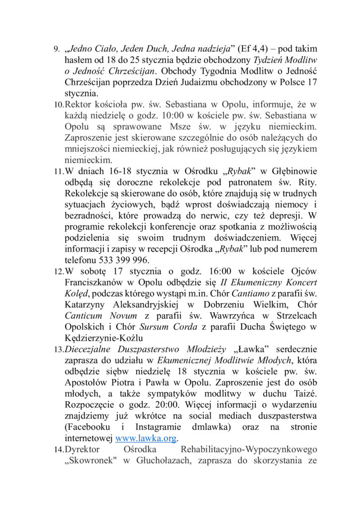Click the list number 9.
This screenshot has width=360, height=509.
pyautogui.click(x=56, y=50)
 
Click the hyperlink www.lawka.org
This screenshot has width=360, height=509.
pyautogui.click(x=147, y=438)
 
